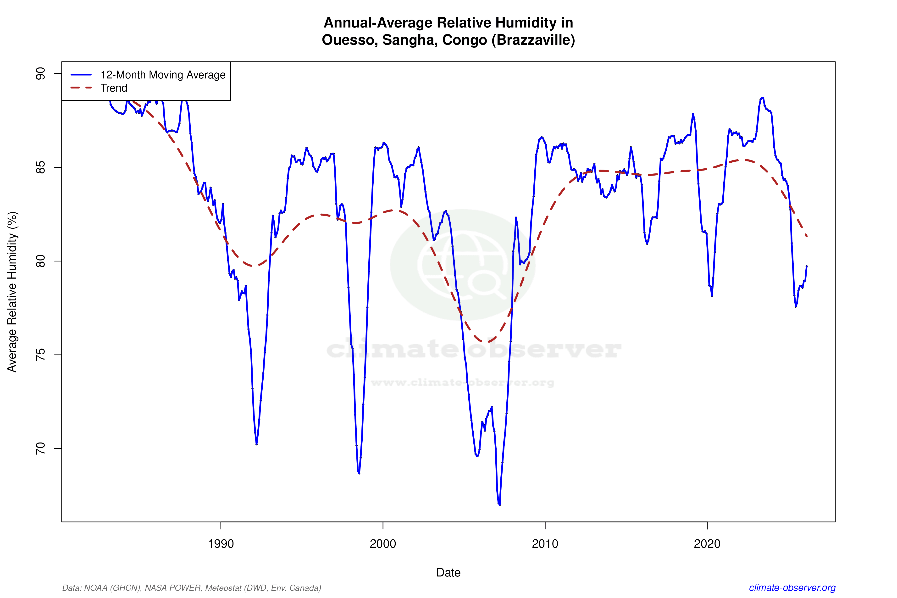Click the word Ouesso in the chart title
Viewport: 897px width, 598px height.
(349, 40)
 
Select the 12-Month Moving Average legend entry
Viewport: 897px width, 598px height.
(163, 75)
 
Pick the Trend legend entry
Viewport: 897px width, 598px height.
(114, 88)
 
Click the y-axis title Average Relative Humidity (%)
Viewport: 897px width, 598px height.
(12, 292)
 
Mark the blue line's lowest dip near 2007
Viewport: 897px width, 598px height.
(500, 504)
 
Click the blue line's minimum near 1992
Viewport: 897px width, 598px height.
(257, 444)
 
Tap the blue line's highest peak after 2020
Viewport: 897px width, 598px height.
(762, 98)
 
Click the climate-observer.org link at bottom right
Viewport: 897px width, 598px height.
(792, 588)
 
